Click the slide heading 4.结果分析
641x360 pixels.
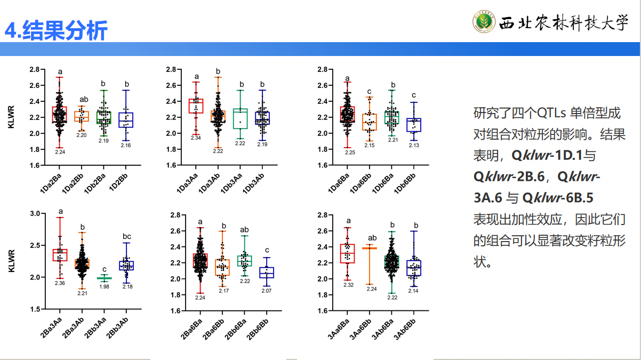click(56, 30)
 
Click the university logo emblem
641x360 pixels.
click(484, 22)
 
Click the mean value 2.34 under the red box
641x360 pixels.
click(196, 138)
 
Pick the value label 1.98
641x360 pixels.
click(105, 286)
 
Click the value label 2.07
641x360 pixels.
click(267, 291)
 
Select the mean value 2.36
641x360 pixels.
click(60, 283)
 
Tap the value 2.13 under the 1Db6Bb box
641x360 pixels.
click(413, 146)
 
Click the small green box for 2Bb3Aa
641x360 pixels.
click(105, 278)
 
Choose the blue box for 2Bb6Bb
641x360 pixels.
click(267, 273)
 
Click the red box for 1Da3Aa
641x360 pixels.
click(196, 106)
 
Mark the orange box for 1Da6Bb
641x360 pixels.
click(369, 122)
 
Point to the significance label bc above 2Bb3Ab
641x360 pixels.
click(127, 236)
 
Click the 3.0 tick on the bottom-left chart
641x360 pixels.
click(34, 213)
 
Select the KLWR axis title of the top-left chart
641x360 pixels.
click(12, 117)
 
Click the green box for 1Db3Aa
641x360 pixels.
click(241, 118)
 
